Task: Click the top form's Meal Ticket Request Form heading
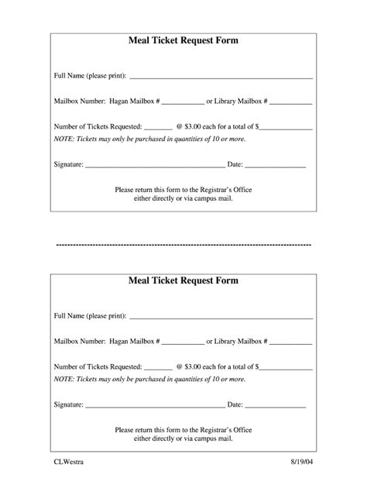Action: (x=183, y=41)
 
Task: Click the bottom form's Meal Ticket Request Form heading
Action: (x=183, y=280)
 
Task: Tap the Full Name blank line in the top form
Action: (x=221, y=77)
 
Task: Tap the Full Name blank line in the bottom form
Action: (x=221, y=317)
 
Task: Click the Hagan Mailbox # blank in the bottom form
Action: (x=183, y=342)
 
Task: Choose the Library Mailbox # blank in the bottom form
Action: (x=291, y=342)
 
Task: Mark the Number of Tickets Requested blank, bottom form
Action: (x=158, y=367)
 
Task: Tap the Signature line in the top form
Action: (x=154, y=167)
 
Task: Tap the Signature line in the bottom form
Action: (x=154, y=406)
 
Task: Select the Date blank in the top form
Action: (x=276, y=167)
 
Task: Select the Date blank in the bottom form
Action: (x=276, y=406)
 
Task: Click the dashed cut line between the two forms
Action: (x=183, y=244)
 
